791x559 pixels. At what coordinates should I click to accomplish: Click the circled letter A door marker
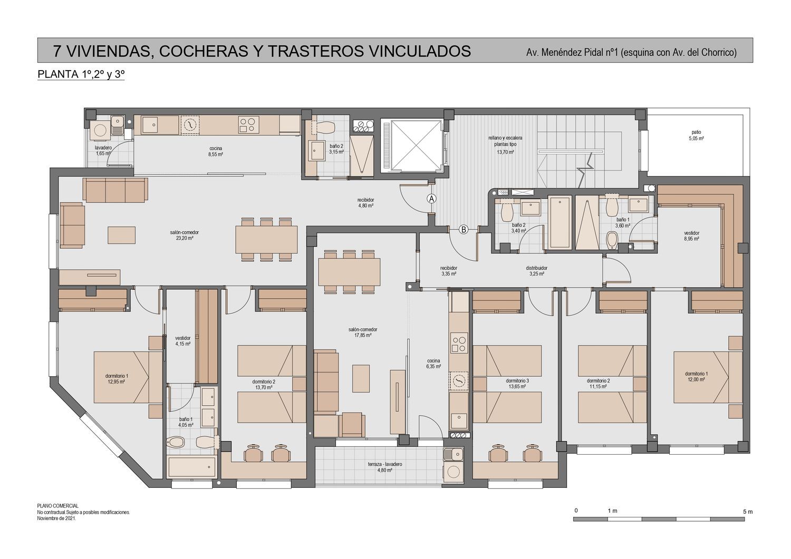(431, 199)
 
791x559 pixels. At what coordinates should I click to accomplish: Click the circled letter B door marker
(464, 230)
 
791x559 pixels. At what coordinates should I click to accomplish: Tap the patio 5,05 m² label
(696, 135)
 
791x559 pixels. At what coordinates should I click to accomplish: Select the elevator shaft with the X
(412, 145)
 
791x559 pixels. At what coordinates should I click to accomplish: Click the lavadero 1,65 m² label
(103, 150)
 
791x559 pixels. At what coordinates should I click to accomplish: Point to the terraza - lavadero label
(385, 464)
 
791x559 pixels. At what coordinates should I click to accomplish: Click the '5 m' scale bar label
(748, 512)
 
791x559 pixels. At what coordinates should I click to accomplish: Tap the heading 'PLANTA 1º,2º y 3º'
(81, 74)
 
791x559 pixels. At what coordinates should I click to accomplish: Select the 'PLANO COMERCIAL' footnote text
(57, 506)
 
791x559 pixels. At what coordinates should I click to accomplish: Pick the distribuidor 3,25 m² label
(536, 271)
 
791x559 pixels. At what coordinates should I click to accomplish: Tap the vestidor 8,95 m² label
(691, 236)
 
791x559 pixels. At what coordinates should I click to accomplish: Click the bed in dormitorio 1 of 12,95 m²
(128, 377)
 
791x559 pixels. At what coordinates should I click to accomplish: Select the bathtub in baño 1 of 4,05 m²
(192, 467)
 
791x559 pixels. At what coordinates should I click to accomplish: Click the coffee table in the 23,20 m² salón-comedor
(121, 235)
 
